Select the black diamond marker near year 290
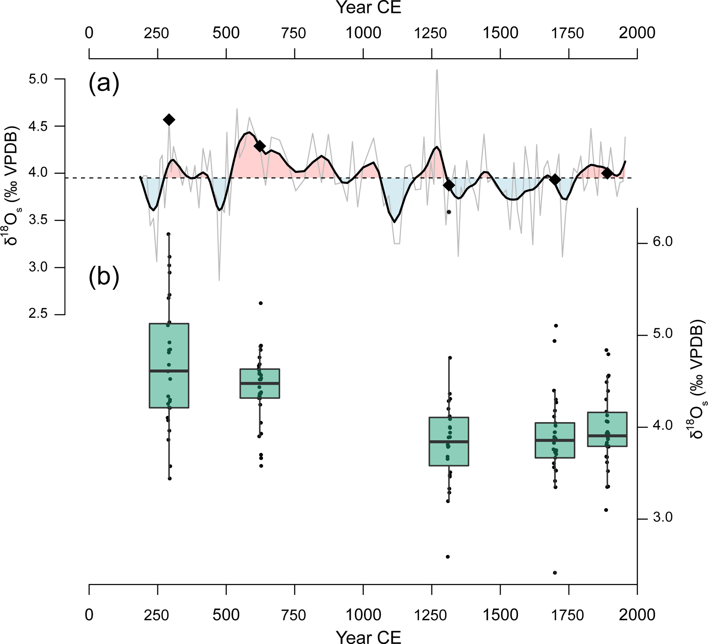pyautogui.click(x=169, y=120)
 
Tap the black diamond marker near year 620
pyautogui.click(x=260, y=146)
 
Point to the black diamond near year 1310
pyautogui.click(x=449, y=185)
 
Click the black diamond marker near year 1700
pyautogui.click(x=555, y=179)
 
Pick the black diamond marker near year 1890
pyautogui.click(x=607, y=173)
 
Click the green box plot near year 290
pyautogui.click(x=169, y=365)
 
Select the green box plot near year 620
pyautogui.click(x=260, y=383)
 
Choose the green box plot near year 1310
pyautogui.click(x=449, y=442)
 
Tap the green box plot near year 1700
pyautogui.click(x=555, y=440)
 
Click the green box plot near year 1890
pyautogui.click(x=607, y=429)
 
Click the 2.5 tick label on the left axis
pyautogui.click(x=38, y=314)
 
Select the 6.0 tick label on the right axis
pyautogui.click(x=663, y=242)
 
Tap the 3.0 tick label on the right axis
pyautogui.click(x=663, y=518)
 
